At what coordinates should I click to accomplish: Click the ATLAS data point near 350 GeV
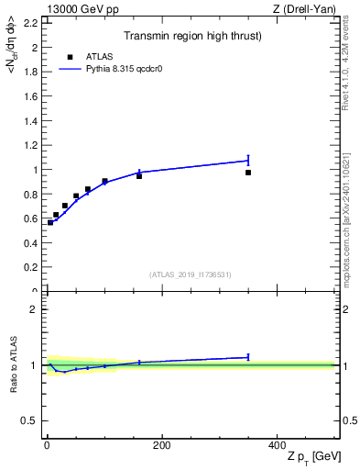pyautogui.click(x=248, y=173)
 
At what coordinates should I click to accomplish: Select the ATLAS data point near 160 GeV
pyautogui.click(x=139, y=175)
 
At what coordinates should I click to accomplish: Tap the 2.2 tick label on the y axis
pyautogui.click(x=30, y=22)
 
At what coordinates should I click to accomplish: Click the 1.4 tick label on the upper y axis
pyautogui.click(x=30, y=120)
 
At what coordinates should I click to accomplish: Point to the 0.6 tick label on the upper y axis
pyautogui.click(x=30, y=218)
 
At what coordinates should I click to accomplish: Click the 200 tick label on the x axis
pyautogui.click(x=161, y=445)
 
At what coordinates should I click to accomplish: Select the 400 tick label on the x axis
pyautogui.click(x=277, y=445)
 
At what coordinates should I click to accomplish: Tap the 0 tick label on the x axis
pyautogui.click(x=47, y=445)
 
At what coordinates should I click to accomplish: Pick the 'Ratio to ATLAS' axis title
pyautogui.click(x=14, y=364)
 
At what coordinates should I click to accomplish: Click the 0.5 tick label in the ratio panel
pyautogui.click(x=30, y=420)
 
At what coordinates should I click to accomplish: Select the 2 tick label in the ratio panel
pyautogui.click(x=34, y=309)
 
